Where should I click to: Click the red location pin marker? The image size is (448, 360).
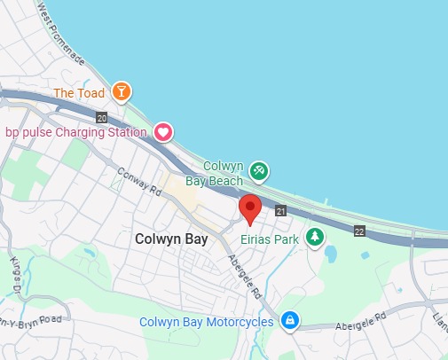[250, 209]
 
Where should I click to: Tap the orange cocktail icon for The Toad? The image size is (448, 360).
[122, 91]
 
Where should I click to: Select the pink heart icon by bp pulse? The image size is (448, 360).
[163, 132]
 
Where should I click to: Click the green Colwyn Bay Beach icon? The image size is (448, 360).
[259, 169]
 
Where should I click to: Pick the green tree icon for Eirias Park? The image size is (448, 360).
[314, 237]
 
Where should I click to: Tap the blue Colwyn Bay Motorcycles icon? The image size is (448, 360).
[288, 320]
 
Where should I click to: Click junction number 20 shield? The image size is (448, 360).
[102, 117]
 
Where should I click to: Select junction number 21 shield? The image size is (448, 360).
[281, 211]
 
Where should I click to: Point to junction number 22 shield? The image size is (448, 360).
[359, 231]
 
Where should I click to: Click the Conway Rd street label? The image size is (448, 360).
[140, 182]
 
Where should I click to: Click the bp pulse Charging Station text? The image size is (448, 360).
[75, 133]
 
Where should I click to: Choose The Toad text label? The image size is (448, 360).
[79, 92]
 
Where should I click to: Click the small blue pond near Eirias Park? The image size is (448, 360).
[331, 254]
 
